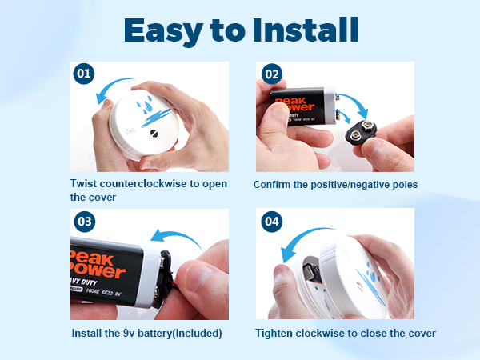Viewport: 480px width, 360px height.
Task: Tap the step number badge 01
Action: (83, 74)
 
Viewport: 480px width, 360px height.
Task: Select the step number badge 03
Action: (83, 221)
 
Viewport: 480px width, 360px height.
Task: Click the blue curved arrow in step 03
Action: (185, 237)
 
